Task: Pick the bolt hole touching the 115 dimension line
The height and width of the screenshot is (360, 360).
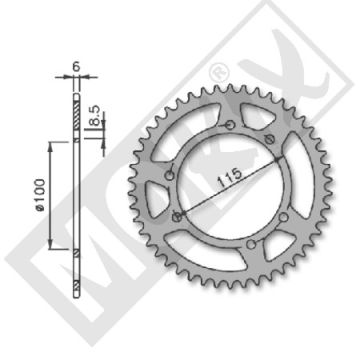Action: (177, 215)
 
